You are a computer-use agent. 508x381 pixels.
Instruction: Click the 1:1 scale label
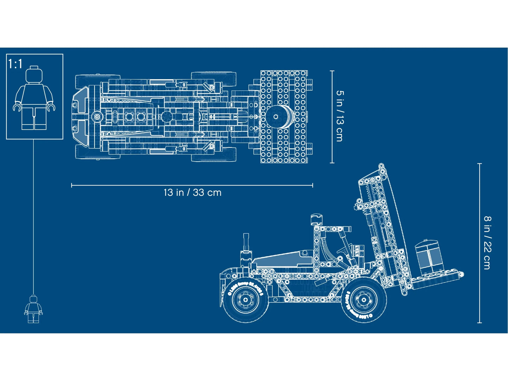15,64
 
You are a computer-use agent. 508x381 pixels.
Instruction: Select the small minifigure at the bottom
33,309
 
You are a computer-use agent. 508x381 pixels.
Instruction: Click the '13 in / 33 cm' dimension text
192,193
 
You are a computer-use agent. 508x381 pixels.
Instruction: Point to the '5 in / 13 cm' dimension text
340,116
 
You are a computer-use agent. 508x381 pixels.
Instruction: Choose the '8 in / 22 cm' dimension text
487,243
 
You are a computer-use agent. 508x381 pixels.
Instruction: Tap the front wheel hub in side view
364,300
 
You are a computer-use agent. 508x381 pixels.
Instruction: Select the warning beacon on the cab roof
316,219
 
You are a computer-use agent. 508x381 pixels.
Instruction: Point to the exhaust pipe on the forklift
246,243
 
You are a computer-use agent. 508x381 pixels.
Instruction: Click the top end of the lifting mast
382,166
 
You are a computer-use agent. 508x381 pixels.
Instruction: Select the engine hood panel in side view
283,259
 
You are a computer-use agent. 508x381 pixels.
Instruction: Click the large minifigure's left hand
51,107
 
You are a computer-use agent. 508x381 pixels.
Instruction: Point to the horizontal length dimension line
192,185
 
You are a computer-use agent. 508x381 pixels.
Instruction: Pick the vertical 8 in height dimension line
480,243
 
